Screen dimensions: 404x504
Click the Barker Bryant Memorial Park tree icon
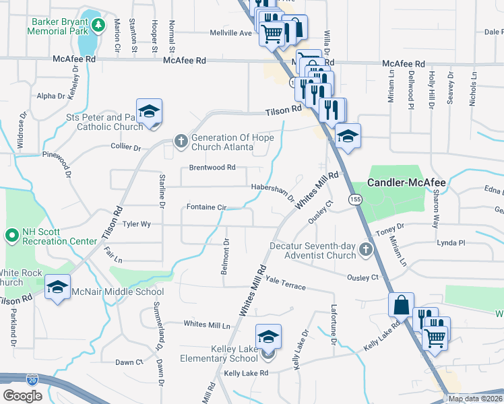(98, 26)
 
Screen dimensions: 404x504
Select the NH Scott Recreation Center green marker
(11, 235)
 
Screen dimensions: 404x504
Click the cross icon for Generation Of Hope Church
(181, 141)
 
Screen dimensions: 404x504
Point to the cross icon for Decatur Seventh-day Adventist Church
(365, 250)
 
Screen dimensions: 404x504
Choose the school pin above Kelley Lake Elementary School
(268, 336)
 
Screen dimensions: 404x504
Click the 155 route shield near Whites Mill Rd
(354, 199)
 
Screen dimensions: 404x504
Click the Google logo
(22, 396)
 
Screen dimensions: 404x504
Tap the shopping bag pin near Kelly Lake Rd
(401, 304)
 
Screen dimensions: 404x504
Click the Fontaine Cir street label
(206, 207)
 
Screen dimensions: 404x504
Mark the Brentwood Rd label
(212, 167)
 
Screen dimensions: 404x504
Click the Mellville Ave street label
(231, 32)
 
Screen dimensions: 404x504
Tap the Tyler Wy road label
(135, 224)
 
